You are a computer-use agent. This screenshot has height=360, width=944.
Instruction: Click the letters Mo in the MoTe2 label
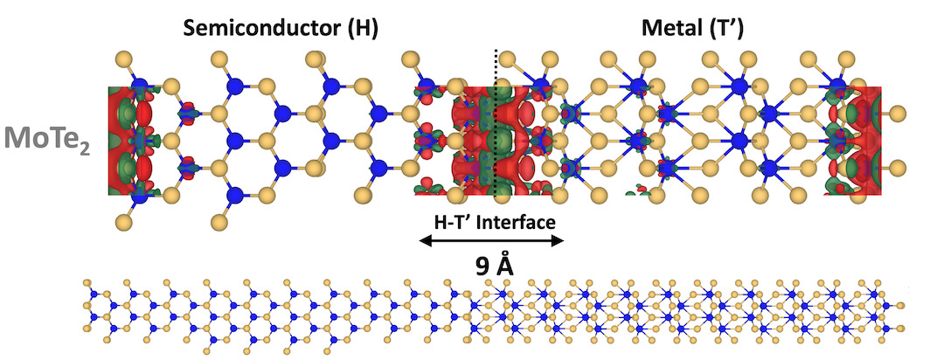tap(26, 137)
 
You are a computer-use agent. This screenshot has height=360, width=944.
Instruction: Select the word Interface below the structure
tap(517, 223)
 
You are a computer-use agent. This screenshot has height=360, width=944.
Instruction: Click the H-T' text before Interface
tap(453, 223)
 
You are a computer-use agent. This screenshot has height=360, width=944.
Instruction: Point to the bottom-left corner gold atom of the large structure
tap(125, 224)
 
